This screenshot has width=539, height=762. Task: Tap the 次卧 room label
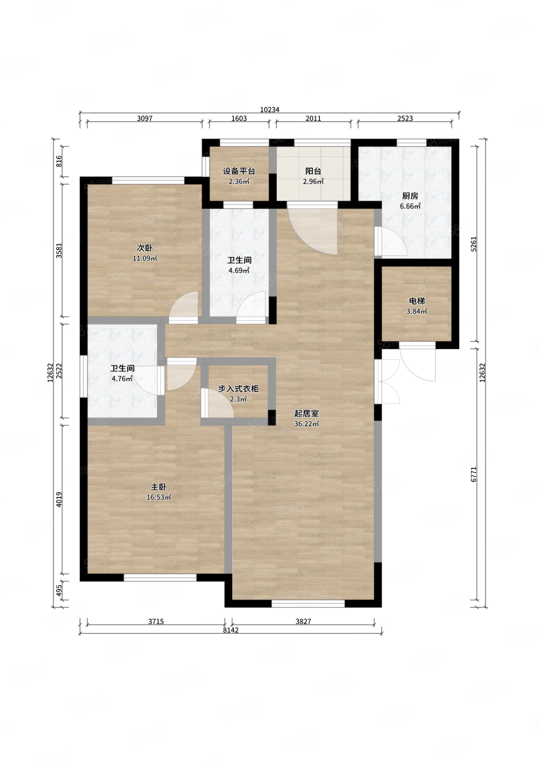145,248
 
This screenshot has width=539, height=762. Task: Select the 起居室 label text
307,414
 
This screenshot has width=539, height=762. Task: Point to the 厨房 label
410,196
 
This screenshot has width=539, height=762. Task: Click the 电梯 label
417,301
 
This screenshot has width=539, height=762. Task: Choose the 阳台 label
313,172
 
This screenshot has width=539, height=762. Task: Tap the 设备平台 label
239,172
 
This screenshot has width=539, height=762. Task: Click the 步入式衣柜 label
238,389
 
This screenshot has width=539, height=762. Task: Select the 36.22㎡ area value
307,424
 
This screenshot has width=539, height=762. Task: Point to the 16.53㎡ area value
159,497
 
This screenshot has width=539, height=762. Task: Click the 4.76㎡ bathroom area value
122,378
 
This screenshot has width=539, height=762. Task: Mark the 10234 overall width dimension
269,110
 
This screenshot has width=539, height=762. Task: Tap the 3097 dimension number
145,118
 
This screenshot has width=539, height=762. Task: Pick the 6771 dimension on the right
474,474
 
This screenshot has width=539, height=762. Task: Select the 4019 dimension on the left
59,499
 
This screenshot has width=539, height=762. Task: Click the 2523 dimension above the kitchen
405,118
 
